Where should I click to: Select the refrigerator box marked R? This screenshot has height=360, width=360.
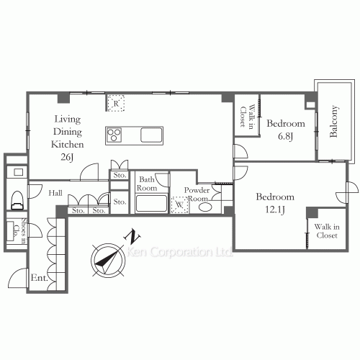pos(114,103)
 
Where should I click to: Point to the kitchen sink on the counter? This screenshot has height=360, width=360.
pos(152,135)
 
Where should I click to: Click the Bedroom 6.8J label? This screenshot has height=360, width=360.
pos(285,129)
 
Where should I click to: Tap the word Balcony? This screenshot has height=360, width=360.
pos(333,121)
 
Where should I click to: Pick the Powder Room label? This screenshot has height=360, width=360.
pos(197,194)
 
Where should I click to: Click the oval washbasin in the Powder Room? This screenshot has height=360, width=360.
pos(204,207)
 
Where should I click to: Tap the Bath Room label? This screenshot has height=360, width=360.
pos(148,183)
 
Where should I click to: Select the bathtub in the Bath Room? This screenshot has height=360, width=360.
pos(151,202)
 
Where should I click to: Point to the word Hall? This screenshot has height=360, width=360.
pos(55,193)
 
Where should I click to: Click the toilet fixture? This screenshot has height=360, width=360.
pos(17,196)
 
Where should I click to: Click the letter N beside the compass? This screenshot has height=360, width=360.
pos(131,235)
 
